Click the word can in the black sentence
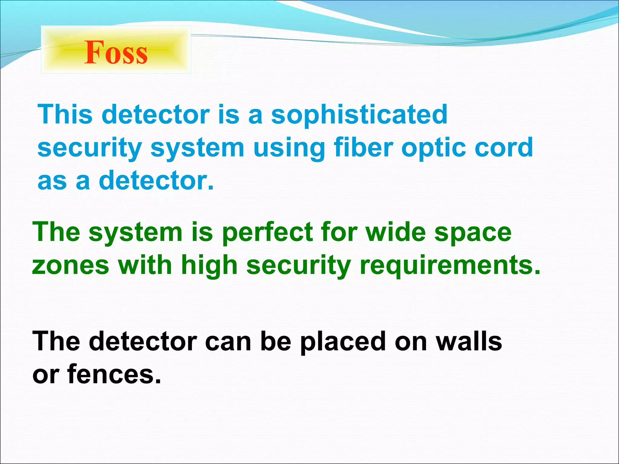tap(228, 342)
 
